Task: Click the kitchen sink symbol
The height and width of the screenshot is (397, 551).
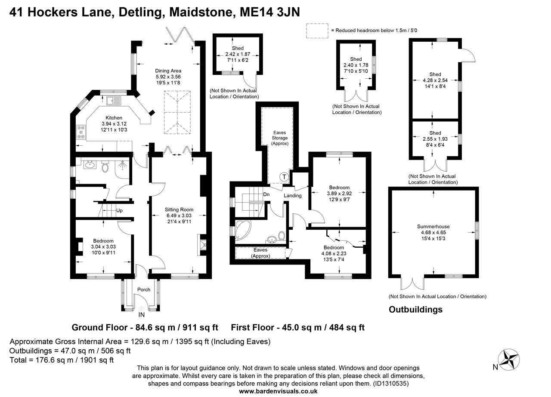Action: point(114,101)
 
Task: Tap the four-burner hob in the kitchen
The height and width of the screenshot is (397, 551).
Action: point(81,132)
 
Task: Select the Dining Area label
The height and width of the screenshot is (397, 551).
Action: point(168,71)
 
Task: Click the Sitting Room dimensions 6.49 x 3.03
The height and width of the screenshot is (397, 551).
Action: point(179,215)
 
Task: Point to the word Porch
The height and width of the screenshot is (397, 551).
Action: point(144,289)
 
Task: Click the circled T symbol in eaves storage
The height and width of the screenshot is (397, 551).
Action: point(284,177)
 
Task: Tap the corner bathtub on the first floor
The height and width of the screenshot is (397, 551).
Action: point(242,230)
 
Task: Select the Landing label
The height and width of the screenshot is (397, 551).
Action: point(292,196)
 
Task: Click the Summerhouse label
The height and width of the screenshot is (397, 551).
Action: point(433,227)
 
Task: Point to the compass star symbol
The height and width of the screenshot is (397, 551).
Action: point(509,360)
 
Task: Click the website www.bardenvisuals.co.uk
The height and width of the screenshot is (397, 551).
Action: point(278,391)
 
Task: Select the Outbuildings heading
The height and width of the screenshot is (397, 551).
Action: point(415,310)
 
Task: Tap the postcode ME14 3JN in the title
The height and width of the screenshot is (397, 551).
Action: point(269,12)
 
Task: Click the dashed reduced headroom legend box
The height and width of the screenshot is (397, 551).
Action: point(317,31)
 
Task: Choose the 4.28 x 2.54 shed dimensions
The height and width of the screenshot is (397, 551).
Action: point(435,80)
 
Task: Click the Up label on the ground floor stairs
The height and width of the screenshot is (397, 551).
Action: point(119,211)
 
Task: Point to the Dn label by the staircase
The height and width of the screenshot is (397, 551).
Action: point(266,194)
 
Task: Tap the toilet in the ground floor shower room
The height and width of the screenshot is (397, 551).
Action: point(105,166)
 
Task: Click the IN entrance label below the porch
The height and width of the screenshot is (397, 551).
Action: point(142,315)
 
